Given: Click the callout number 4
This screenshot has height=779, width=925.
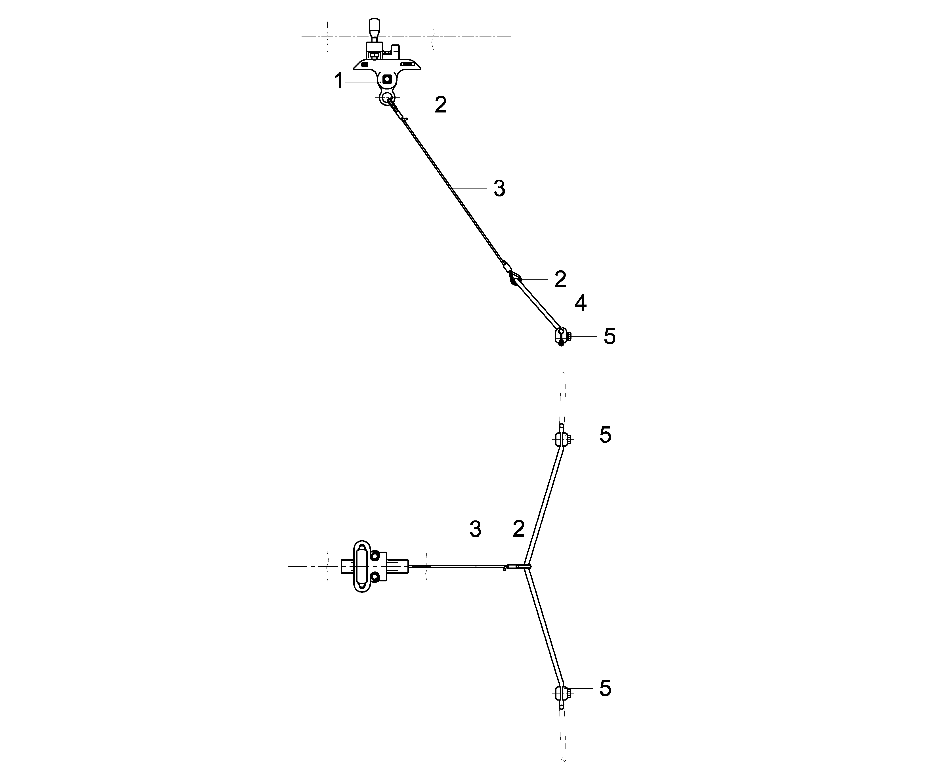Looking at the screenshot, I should coord(580,303).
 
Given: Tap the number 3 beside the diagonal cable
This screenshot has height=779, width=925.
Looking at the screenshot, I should coord(499,189).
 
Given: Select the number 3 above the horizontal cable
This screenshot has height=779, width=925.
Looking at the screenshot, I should coord(475,529).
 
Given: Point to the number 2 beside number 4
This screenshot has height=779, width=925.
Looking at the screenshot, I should coord(560,279).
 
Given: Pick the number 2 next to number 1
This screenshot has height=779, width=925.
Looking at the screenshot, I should coord(440,105).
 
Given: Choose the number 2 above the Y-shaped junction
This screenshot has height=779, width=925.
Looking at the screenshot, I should coord(519,529).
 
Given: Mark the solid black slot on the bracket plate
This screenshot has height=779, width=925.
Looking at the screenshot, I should coord(364,65).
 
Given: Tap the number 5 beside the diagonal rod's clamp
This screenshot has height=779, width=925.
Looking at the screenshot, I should coord(610,337).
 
